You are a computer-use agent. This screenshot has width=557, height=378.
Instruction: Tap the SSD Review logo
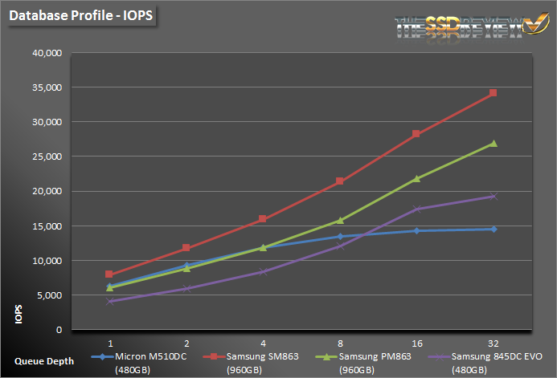[x=465, y=24]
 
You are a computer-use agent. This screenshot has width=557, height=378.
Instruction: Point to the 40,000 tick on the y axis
[x=46, y=53]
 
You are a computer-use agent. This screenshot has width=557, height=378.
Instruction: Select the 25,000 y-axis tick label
[x=46, y=156]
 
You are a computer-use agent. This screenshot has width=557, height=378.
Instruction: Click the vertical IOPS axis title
[x=18, y=314]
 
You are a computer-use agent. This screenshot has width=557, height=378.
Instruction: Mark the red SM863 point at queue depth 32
[x=493, y=93]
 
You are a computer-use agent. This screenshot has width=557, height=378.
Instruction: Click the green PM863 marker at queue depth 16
[x=416, y=178]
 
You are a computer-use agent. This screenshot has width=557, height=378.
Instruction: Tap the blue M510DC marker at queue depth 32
[x=493, y=229]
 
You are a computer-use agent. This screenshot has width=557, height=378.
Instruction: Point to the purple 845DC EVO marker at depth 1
[x=109, y=301]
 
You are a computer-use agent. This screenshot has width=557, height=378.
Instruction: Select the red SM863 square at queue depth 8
[x=340, y=181]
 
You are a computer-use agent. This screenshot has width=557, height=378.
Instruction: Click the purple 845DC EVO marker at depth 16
[x=416, y=209]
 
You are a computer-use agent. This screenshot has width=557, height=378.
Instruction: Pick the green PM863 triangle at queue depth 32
[x=493, y=144]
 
